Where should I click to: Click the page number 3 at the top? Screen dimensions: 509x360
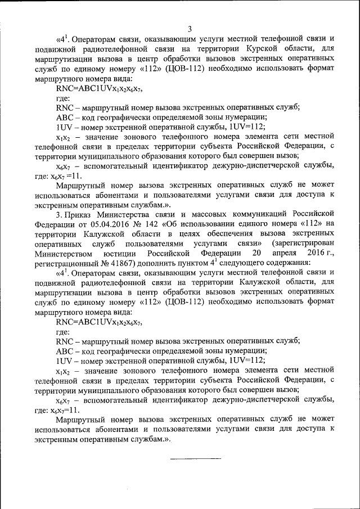coord(190,29)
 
